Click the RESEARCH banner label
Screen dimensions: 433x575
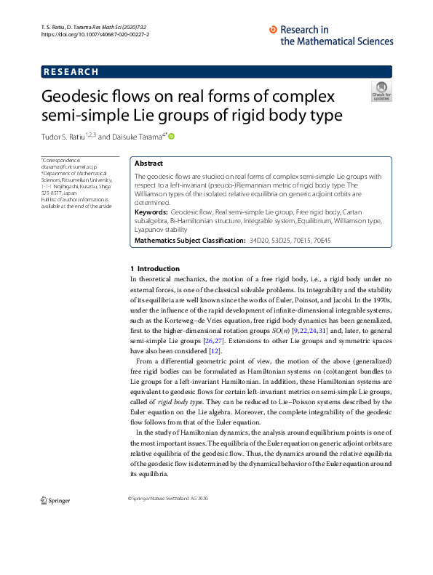click(71, 72)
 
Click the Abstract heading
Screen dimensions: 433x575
click(149, 164)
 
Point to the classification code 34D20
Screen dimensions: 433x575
click(260, 240)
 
